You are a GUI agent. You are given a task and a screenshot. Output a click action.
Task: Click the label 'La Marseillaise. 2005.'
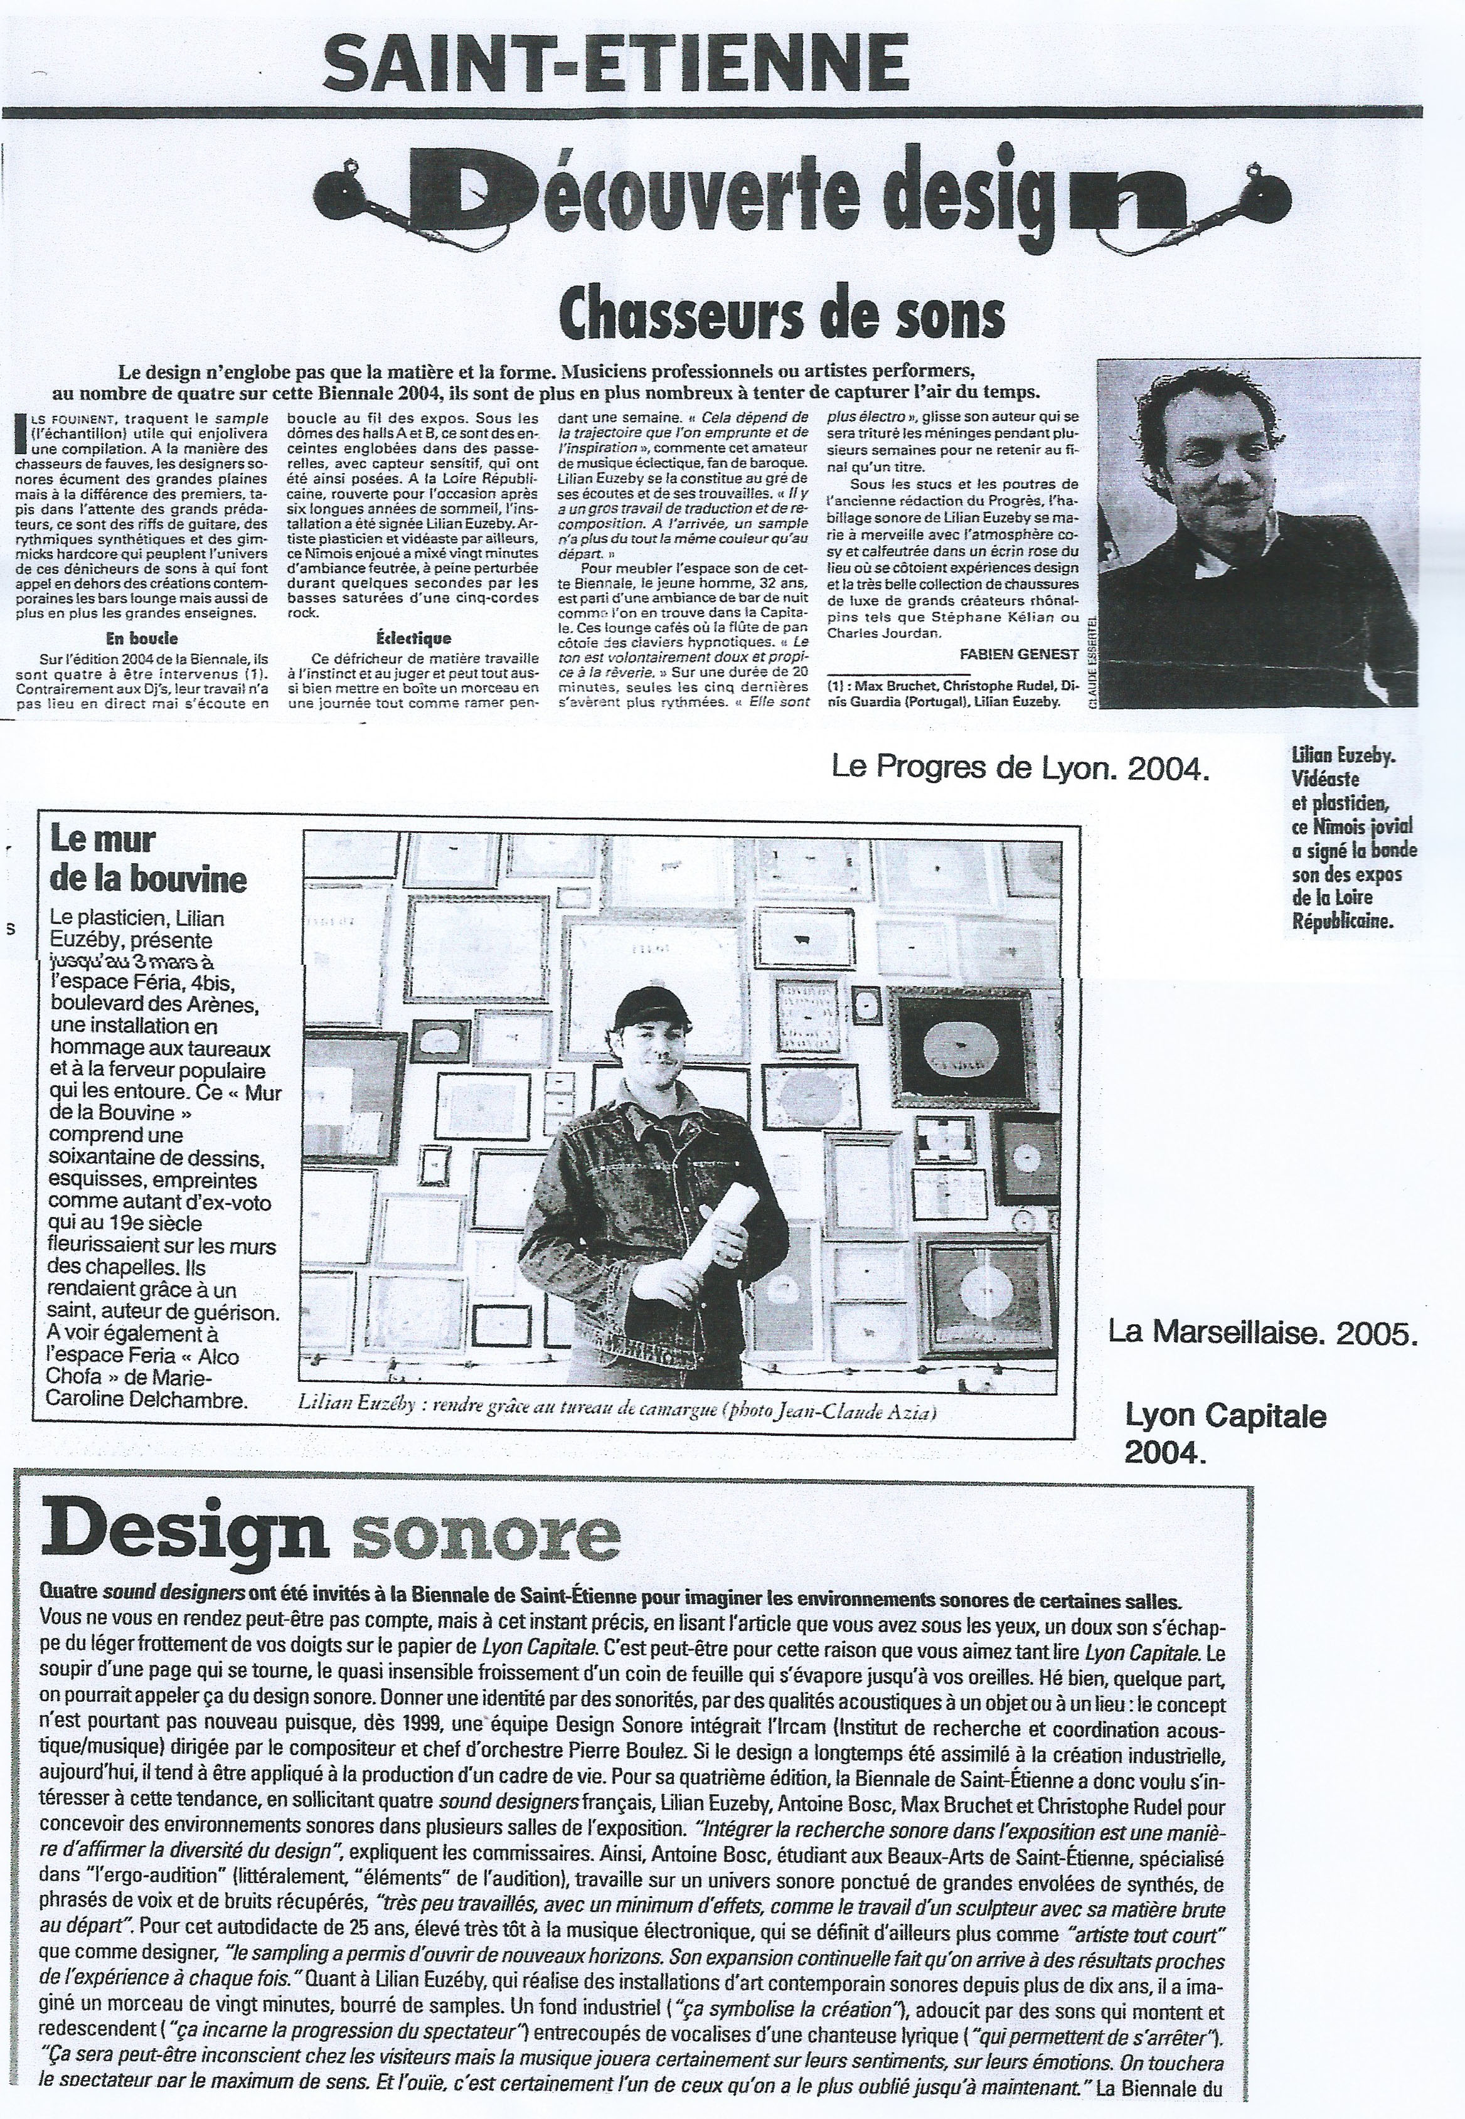[1263, 1332]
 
